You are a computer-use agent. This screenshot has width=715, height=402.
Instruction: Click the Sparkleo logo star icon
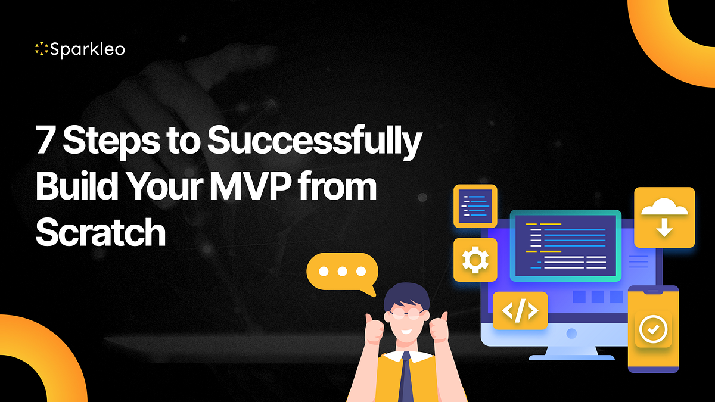pos(41,49)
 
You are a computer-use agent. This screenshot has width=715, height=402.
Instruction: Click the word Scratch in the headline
pos(100,232)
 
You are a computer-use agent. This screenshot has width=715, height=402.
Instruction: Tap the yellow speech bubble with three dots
pos(342,272)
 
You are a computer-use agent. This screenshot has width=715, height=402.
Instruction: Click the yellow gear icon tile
pos(475,260)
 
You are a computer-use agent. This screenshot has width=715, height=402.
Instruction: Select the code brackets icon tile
pos(520,310)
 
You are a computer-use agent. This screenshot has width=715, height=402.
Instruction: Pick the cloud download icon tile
pos(664,217)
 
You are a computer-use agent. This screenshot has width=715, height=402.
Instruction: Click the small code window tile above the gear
pos(475,205)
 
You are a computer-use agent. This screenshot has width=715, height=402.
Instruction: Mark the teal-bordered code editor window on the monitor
pos(565,245)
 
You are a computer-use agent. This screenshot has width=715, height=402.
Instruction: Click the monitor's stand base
pos(571,357)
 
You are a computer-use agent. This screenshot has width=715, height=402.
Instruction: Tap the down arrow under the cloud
pos(664,227)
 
